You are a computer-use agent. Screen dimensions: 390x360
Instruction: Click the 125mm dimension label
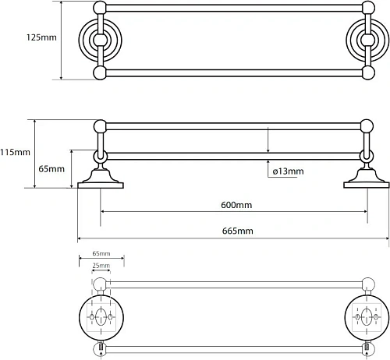(x=41, y=37)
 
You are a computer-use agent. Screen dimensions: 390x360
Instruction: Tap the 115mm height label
(x=15, y=152)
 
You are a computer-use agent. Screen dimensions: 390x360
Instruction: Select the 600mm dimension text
(x=236, y=205)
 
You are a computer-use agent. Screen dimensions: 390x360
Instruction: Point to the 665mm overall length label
(x=237, y=231)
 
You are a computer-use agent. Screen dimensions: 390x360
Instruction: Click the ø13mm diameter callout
(x=288, y=171)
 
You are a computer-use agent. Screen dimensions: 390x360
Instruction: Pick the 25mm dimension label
(x=101, y=266)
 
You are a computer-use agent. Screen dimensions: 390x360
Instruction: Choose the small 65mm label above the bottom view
(x=101, y=253)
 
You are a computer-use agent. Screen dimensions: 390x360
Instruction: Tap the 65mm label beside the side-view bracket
(x=51, y=169)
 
